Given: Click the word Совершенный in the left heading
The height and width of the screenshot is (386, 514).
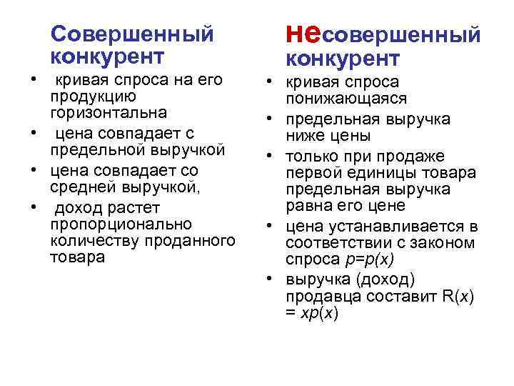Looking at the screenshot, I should click(x=133, y=34).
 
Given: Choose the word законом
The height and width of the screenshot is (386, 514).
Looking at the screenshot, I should click(x=447, y=243).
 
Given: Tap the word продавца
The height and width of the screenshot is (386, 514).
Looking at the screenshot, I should click(x=316, y=295).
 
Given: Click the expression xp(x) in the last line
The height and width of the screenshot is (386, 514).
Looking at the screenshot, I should click(x=319, y=312).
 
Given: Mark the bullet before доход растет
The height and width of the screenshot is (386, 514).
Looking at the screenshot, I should click(x=34, y=207).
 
